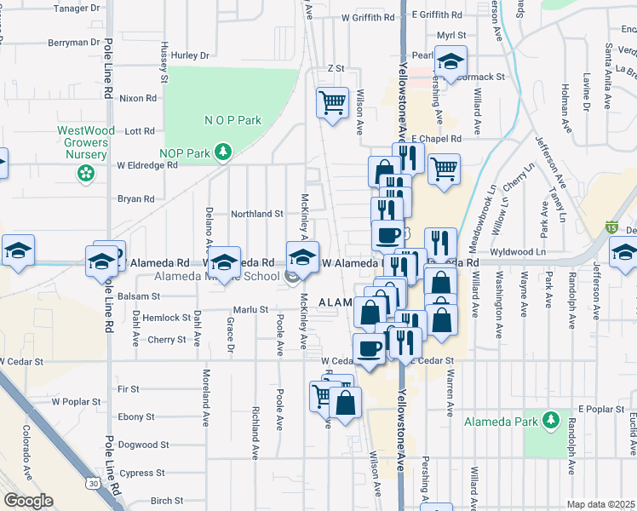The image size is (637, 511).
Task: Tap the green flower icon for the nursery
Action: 86,174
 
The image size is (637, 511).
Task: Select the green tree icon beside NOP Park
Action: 223,152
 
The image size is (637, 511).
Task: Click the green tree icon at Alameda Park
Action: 551,420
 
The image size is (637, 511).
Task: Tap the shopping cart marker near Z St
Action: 332,102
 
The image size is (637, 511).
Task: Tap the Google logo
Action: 28,500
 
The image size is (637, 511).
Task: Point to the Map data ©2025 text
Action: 601,504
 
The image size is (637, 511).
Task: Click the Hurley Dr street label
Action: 190,55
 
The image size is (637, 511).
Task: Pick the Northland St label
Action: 257,214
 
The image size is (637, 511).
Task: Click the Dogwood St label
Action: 138,445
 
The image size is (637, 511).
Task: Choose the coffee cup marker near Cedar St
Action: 370,348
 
